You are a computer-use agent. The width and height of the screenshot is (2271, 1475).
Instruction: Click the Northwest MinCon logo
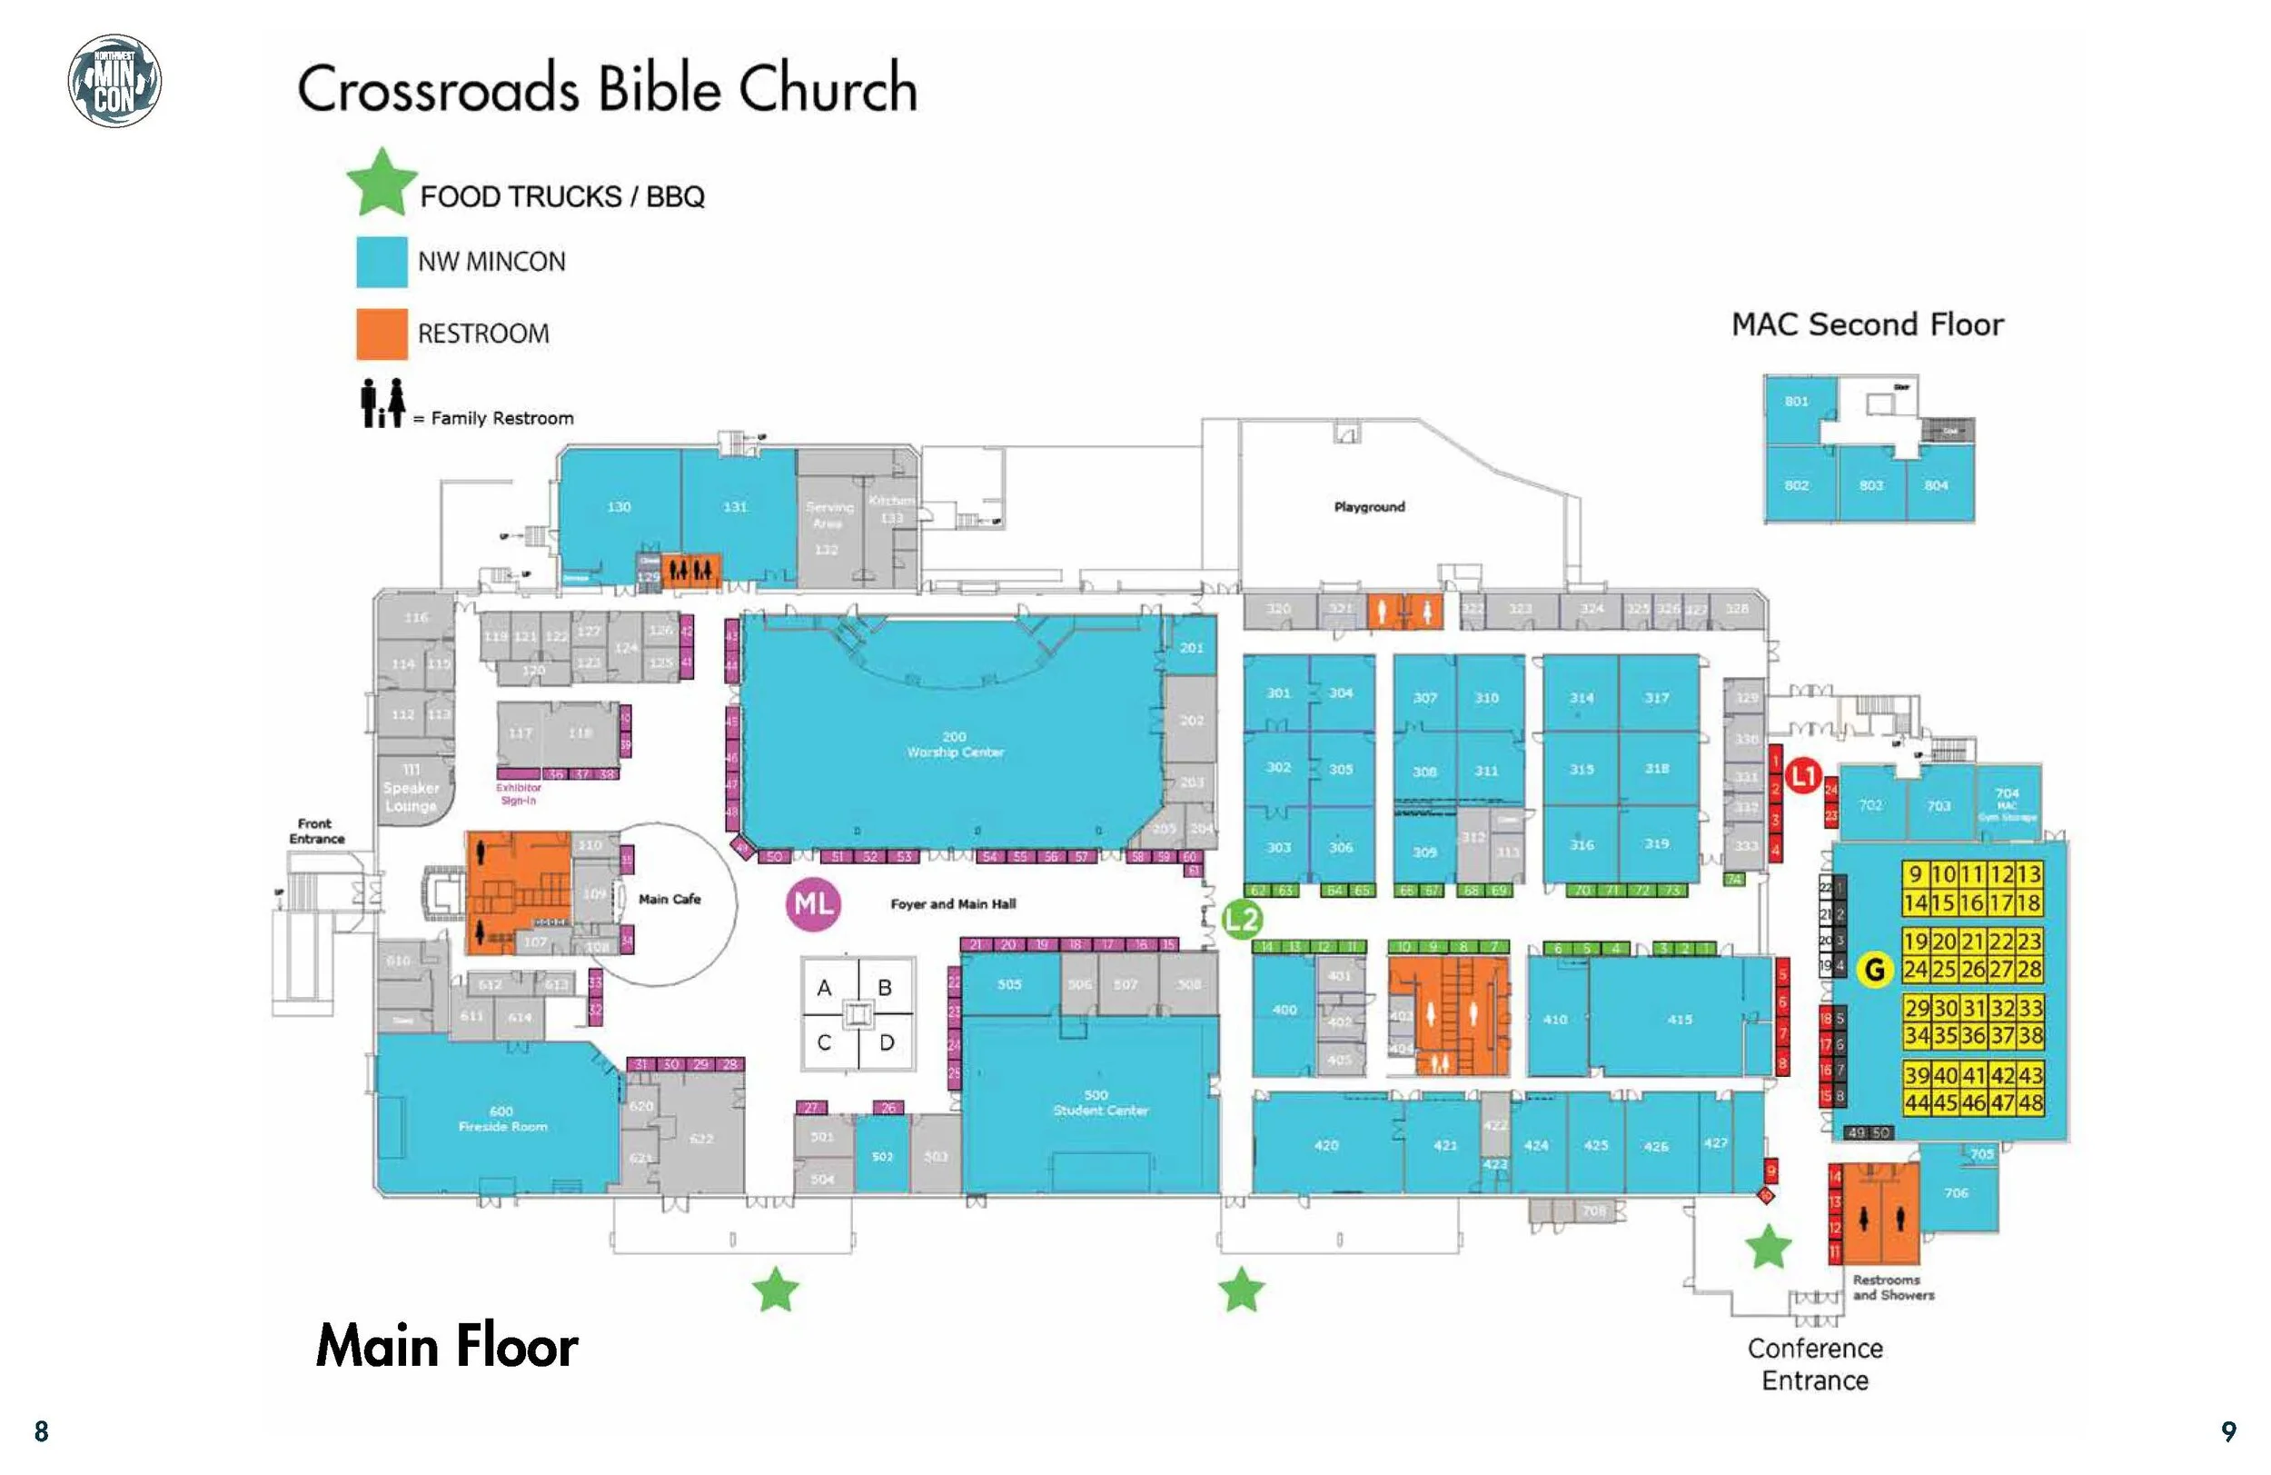coord(114,81)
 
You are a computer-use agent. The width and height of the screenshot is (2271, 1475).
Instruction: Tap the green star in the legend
coord(382,184)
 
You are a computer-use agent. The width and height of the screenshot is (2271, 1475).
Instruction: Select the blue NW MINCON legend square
coord(382,262)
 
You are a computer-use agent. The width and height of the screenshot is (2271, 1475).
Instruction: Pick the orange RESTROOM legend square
coord(382,334)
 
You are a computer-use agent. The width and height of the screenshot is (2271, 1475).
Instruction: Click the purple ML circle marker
coord(813,902)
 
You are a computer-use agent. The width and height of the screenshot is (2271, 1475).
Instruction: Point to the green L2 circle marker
coord(1242,920)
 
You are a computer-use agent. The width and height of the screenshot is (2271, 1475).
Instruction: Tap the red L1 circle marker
coord(1802,774)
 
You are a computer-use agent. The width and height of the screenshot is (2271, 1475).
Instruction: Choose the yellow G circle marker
coord(1875,970)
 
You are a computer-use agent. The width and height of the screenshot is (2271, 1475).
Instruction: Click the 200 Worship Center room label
coord(954,744)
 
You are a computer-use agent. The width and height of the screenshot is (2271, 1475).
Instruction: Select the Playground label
coord(1369,507)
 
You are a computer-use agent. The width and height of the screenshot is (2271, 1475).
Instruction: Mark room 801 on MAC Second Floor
coord(1797,402)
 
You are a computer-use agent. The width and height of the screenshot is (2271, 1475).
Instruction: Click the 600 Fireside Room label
coord(502,1119)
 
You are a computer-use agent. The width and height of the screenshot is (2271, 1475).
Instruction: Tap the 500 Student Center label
coord(1099,1102)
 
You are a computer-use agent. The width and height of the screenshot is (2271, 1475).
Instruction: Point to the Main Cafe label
coord(669,900)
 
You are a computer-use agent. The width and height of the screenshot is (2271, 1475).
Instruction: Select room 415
coord(1680,1020)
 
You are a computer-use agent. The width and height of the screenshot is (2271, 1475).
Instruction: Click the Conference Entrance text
coord(1815,1364)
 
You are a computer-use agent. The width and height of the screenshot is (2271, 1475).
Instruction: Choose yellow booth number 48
coord(2029,1103)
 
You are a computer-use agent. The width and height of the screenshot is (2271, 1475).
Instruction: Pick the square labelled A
coord(825,988)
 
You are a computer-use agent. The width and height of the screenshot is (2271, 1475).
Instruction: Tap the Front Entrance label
coord(316,831)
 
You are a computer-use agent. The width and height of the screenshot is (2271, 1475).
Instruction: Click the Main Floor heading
coord(447,1346)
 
